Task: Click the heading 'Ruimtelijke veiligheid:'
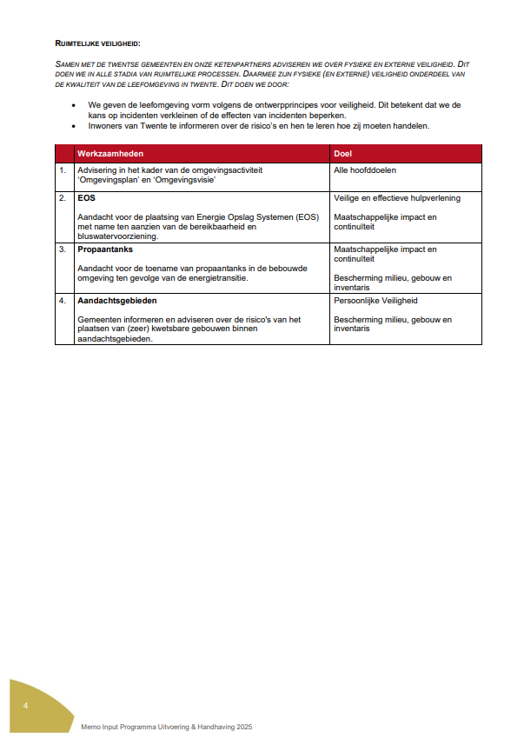point(97,43)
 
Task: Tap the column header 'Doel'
point(342,153)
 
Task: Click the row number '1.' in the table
point(63,170)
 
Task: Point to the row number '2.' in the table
point(63,198)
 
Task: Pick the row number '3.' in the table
point(63,249)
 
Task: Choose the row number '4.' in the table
point(63,301)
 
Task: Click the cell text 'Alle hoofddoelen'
point(365,170)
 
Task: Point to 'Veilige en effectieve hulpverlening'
point(397,198)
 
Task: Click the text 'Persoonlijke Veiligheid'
point(375,301)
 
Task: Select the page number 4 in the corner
point(26,705)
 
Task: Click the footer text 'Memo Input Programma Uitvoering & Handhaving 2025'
point(167,725)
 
